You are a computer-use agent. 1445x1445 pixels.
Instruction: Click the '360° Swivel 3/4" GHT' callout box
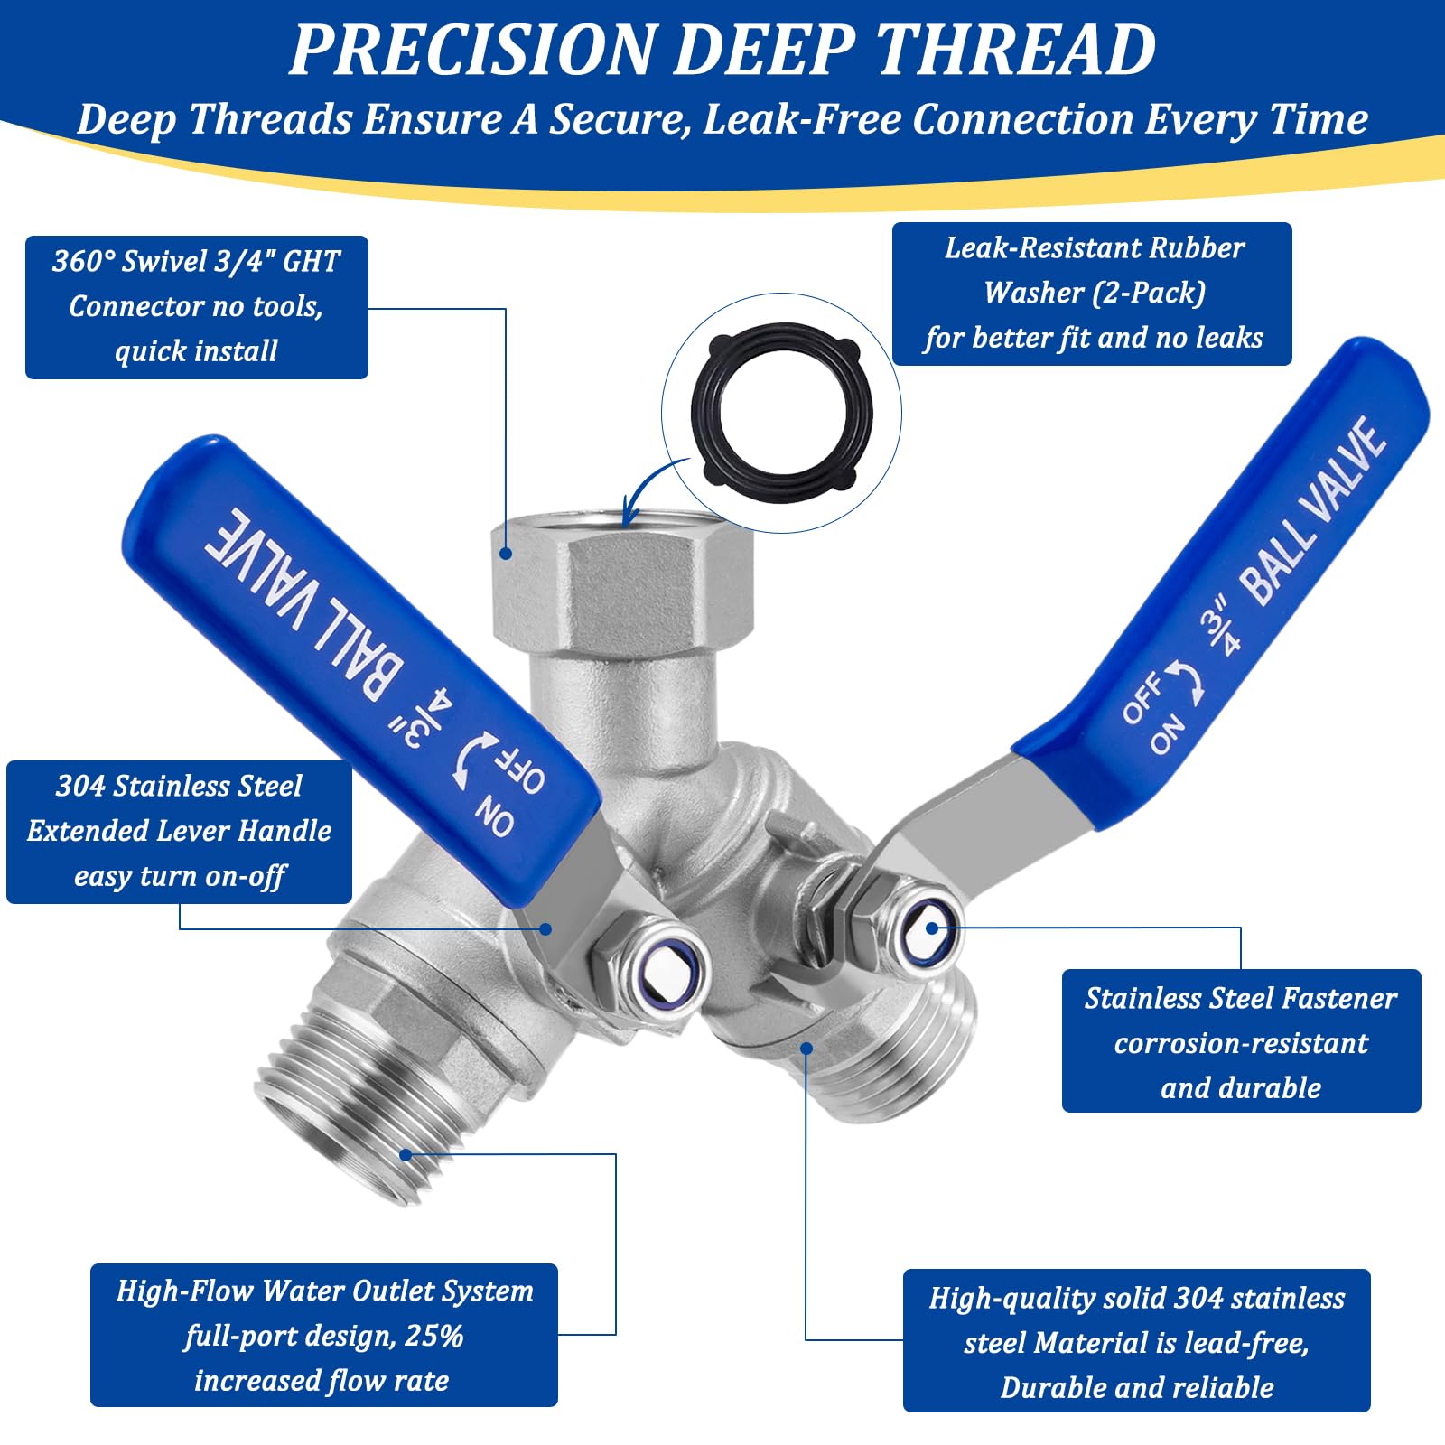[x=197, y=307]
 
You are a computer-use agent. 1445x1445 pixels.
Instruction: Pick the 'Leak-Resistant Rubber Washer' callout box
[x=1092, y=294]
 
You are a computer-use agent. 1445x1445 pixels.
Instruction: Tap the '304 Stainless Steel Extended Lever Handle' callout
[x=179, y=831]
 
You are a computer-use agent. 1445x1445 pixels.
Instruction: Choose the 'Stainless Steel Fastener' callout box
[x=1241, y=1041]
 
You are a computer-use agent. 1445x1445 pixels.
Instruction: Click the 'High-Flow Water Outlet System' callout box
[x=324, y=1335]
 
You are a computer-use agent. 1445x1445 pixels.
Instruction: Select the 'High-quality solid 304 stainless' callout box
[x=1137, y=1341]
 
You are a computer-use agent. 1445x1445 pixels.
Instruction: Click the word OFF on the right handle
[x=1142, y=698]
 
